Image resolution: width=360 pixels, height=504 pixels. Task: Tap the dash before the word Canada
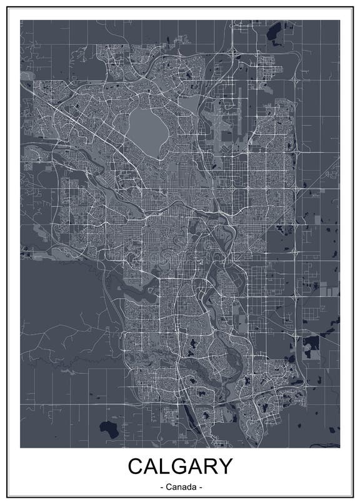(x=162, y=486)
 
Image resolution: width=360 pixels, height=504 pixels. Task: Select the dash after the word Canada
(x=201, y=486)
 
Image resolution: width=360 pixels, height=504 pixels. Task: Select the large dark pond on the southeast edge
(x=311, y=341)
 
